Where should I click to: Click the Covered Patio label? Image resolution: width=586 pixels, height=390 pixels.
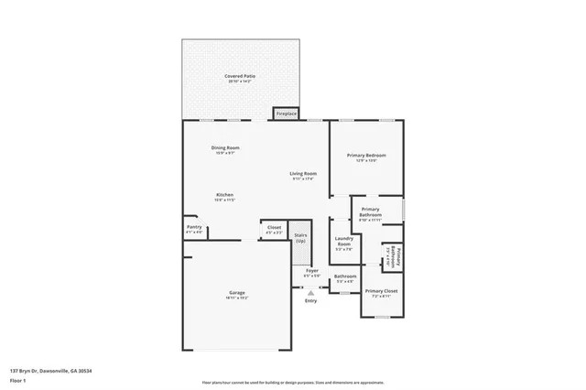click(x=241, y=78)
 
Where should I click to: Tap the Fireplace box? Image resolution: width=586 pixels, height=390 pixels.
click(x=287, y=114)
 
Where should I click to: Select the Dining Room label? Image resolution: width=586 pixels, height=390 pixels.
click(x=226, y=149)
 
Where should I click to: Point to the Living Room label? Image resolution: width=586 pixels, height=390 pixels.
click(x=304, y=174)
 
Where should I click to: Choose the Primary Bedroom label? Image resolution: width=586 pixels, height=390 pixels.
click(x=366, y=157)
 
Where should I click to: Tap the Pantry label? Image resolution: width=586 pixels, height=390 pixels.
click(x=194, y=228)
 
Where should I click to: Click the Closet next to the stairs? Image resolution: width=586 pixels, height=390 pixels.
click(x=274, y=228)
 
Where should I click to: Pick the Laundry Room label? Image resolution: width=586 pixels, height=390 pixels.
click(x=343, y=243)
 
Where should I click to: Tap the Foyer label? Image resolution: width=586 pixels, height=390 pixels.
click(x=311, y=272)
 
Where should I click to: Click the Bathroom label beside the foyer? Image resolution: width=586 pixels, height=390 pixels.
click(x=345, y=277)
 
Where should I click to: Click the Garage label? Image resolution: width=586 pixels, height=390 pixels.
click(x=237, y=293)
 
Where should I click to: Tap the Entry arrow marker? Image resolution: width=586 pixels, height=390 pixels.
click(x=311, y=292)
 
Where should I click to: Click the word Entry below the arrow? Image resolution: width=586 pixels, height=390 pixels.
click(x=311, y=301)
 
